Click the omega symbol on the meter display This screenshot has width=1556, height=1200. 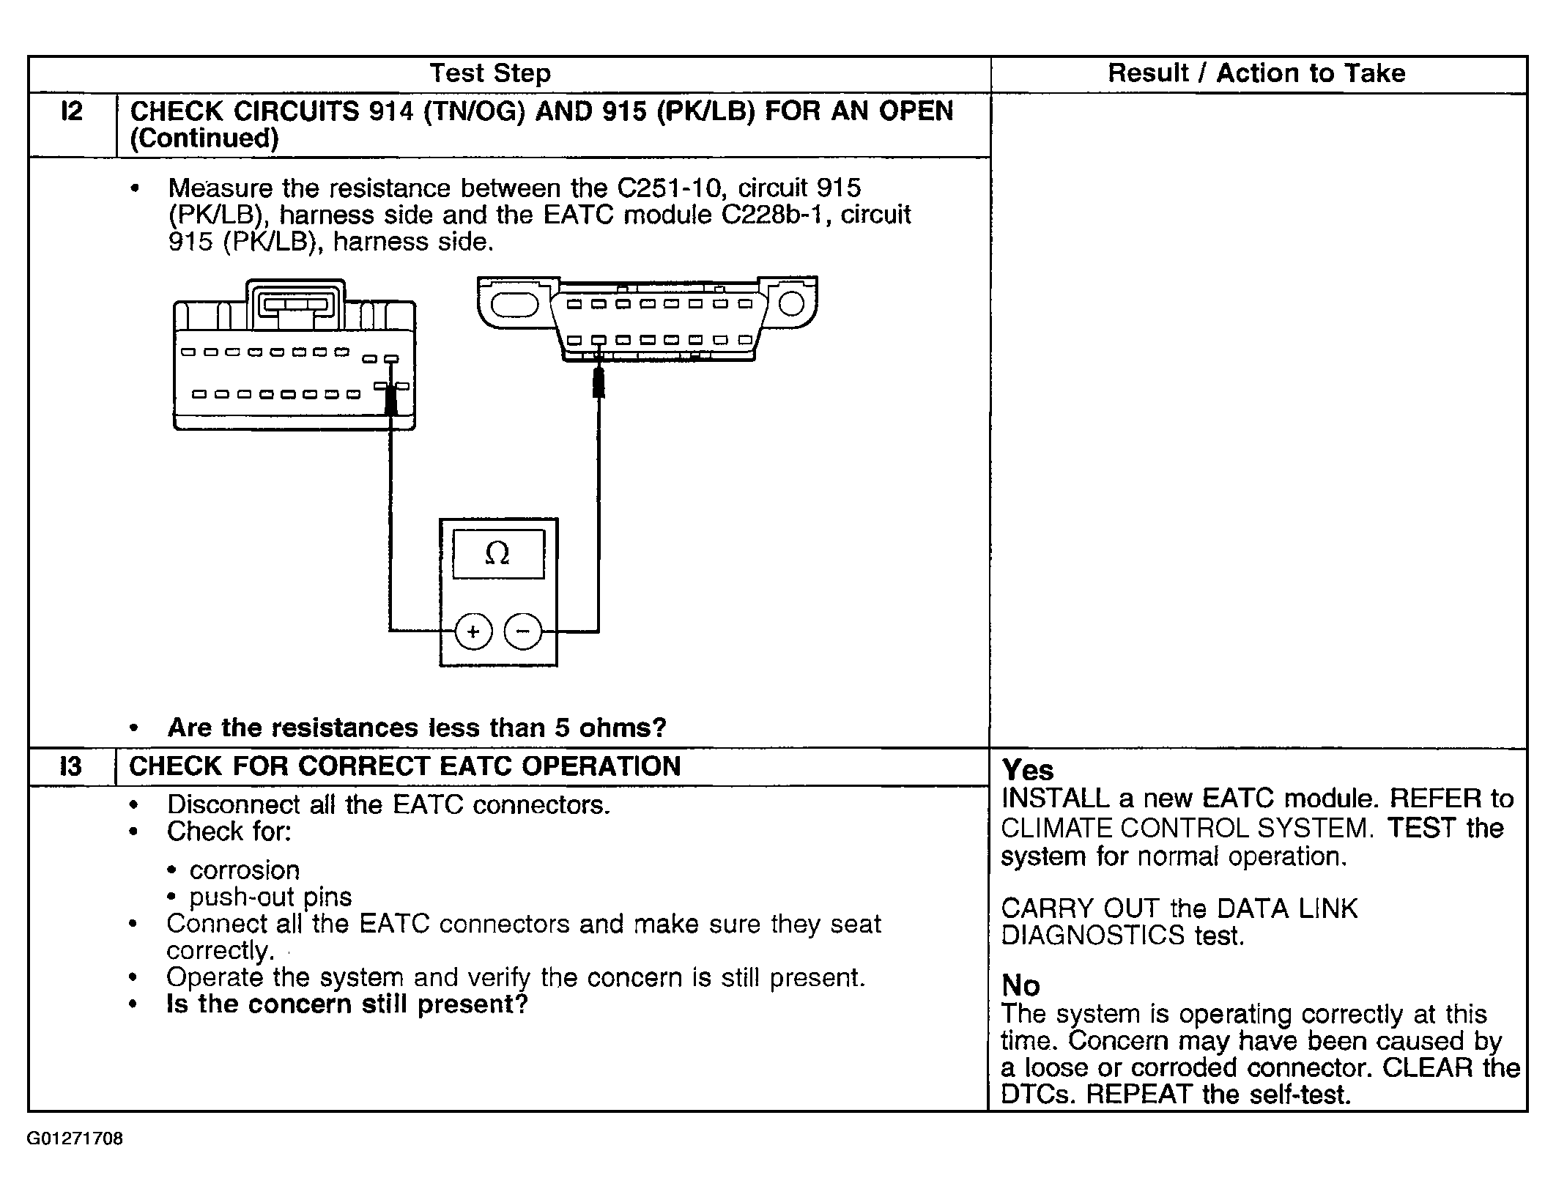tap(497, 554)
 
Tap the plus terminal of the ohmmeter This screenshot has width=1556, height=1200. tap(473, 631)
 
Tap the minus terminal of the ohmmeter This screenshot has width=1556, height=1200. tap(523, 631)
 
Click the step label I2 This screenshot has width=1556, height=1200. tap(71, 111)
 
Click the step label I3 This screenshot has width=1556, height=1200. tap(70, 766)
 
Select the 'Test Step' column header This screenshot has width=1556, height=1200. tap(489, 73)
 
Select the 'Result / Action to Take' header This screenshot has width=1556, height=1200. tap(1256, 73)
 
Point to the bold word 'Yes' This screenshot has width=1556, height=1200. tap(1028, 770)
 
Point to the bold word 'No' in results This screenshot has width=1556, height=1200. tap(1020, 985)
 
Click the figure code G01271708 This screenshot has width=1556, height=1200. tap(75, 1139)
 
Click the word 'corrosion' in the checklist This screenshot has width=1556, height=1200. tap(245, 870)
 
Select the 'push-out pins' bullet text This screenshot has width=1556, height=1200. tap(270, 897)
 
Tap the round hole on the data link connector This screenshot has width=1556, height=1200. tap(791, 303)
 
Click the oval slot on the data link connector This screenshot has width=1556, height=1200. tap(514, 304)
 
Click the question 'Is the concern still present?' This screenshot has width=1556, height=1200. tap(347, 1004)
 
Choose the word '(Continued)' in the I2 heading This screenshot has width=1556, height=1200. tap(204, 138)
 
